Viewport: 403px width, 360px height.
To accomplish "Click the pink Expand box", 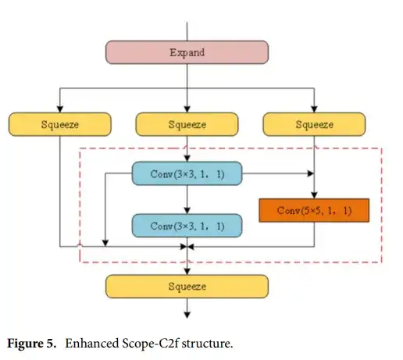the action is click(187, 52).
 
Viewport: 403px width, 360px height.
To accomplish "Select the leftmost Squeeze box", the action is click(60, 124).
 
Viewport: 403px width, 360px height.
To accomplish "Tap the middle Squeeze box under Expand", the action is click(187, 124).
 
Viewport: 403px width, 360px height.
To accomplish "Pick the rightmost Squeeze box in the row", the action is click(314, 124).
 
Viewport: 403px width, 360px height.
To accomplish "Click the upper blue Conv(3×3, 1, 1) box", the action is click(187, 173).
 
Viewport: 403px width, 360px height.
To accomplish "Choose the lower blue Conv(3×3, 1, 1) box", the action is click(187, 226).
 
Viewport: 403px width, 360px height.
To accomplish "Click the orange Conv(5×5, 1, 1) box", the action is click(314, 210).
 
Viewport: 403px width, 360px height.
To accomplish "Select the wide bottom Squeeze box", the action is click(187, 287).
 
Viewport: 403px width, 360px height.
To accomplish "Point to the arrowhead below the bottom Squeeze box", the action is click(187, 315).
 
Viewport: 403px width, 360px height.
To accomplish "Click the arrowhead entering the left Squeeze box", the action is click(60, 109).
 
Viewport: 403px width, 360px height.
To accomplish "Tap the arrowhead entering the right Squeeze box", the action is click(314, 109).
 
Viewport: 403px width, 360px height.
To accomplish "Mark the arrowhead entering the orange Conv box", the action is click(314, 195).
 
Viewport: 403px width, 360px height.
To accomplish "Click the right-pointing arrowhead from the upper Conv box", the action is click(311, 173).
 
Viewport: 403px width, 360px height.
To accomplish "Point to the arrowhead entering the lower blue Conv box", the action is click(187, 210).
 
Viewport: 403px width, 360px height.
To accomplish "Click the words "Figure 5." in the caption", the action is click(31, 344).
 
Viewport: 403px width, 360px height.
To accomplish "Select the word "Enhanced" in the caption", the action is click(91, 344).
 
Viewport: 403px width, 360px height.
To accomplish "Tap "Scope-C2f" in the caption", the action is click(150, 344).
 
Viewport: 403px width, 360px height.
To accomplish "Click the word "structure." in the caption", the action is click(207, 344).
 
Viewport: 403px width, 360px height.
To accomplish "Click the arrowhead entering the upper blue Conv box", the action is click(187, 159).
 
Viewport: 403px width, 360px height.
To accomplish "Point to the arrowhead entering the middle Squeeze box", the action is click(187, 109).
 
